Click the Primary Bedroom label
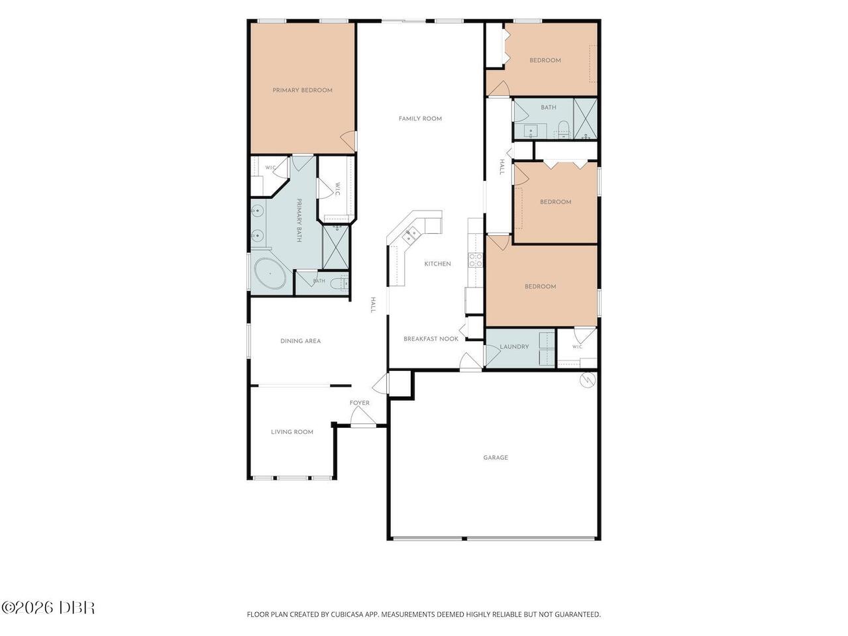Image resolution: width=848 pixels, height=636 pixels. (x=303, y=90)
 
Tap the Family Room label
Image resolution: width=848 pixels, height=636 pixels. (x=420, y=119)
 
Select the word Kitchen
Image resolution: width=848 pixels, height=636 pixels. (x=438, y=264)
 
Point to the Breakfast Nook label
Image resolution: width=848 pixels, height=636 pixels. (x=431, y=339)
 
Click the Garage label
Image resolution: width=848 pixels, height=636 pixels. (x=496, y=458)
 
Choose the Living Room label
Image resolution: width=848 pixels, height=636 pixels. (x=292, y=432)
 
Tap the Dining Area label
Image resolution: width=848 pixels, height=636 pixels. (x=301, y=341)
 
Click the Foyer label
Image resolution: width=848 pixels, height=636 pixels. (x=360, y=403)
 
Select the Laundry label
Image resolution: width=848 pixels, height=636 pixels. (x=514, y=346)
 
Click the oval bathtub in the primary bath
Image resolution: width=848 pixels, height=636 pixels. (x=270, y=274)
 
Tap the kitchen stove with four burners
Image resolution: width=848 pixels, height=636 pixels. (x=475, y=260)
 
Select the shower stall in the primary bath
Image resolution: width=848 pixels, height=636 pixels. (x=336, y=247)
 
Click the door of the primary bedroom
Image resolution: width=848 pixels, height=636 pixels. (x=348, y=141)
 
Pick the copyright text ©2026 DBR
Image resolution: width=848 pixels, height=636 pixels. (x=48, y=608)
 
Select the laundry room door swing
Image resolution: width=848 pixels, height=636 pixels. (x=492, y=355)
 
